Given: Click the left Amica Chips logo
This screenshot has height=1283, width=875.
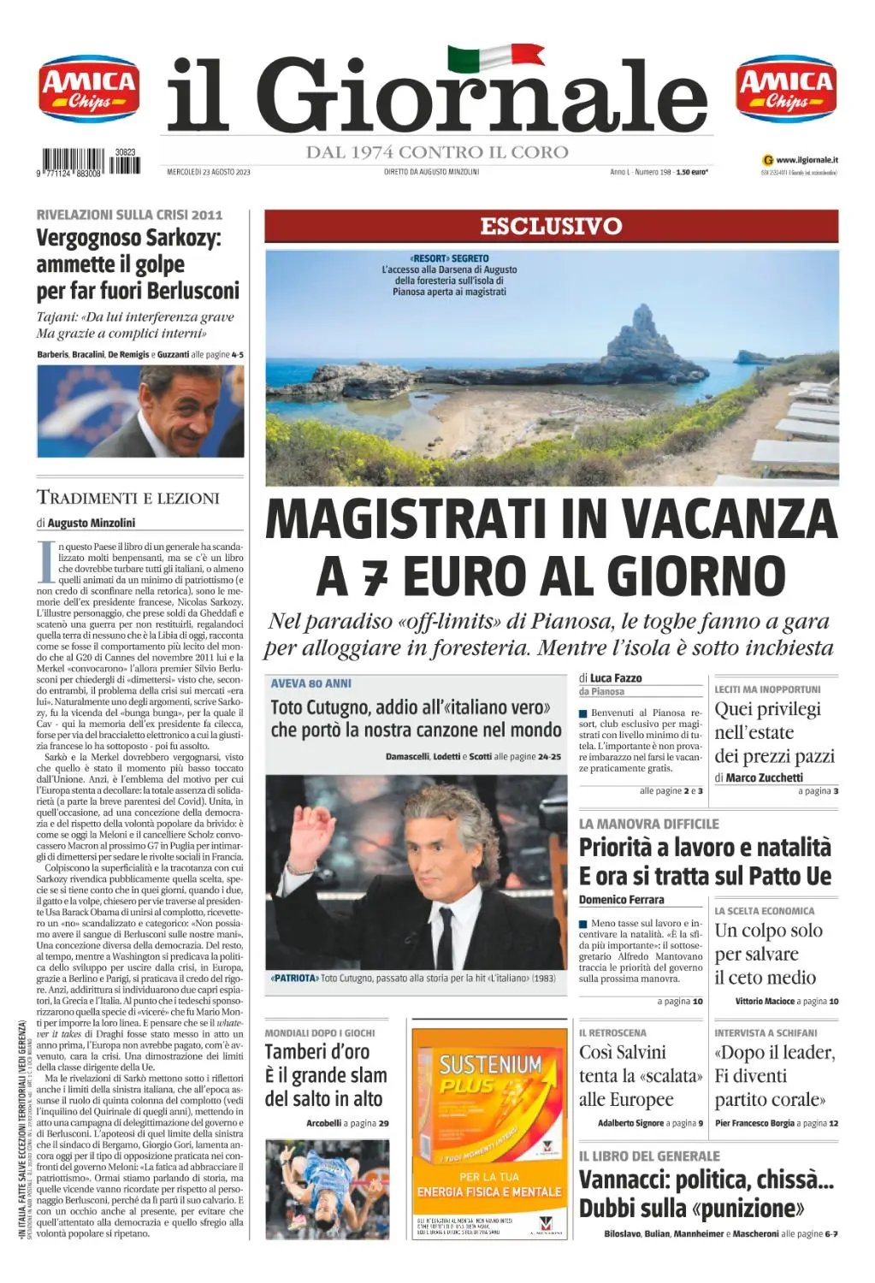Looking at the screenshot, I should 89,90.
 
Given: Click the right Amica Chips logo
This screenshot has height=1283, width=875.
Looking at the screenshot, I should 786,90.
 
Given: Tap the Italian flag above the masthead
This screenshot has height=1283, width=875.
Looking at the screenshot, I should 495,58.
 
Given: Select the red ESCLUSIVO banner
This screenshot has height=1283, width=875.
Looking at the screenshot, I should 551,226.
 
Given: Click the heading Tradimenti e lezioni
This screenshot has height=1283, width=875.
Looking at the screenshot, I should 128,498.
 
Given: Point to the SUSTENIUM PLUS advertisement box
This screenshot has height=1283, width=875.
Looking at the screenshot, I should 488,1132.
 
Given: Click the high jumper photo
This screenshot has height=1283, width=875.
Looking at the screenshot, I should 327,1189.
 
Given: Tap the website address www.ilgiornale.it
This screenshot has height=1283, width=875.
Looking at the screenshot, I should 807,159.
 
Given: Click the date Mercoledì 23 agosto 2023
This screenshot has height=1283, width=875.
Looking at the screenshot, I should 208,172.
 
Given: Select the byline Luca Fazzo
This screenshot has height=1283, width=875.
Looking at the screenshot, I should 616,677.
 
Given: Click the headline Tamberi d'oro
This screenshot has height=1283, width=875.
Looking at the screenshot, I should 316,1051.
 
